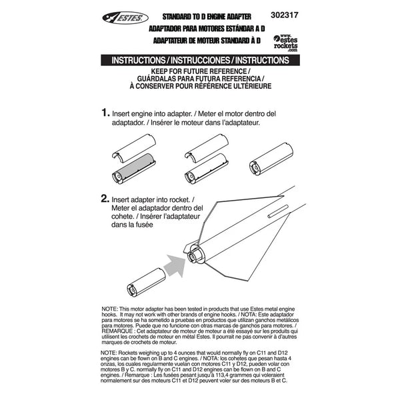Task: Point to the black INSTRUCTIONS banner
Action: tap(200, 60)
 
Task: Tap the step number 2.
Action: tap(105, 198)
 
